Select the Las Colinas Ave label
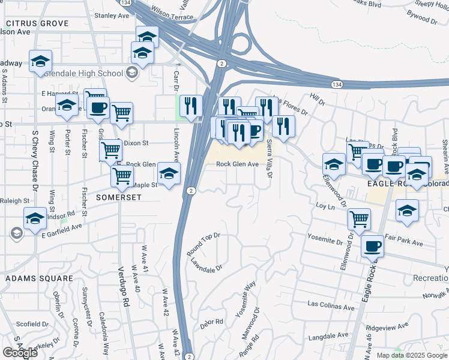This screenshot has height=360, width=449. click(330, 306)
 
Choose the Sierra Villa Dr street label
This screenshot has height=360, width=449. click(270, 158)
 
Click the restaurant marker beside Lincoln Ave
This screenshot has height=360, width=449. click(190, 106)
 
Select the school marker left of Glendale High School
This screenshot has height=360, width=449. click(40, 61)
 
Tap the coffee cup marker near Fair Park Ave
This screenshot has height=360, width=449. click(372, 246)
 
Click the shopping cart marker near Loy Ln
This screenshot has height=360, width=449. click(359, 218)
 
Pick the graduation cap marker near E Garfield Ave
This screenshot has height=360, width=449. click(35, 218)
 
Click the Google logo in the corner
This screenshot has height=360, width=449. click(20, 352)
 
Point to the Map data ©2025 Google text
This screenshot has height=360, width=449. click(411, 355)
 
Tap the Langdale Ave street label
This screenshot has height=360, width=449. click(330, 335)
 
